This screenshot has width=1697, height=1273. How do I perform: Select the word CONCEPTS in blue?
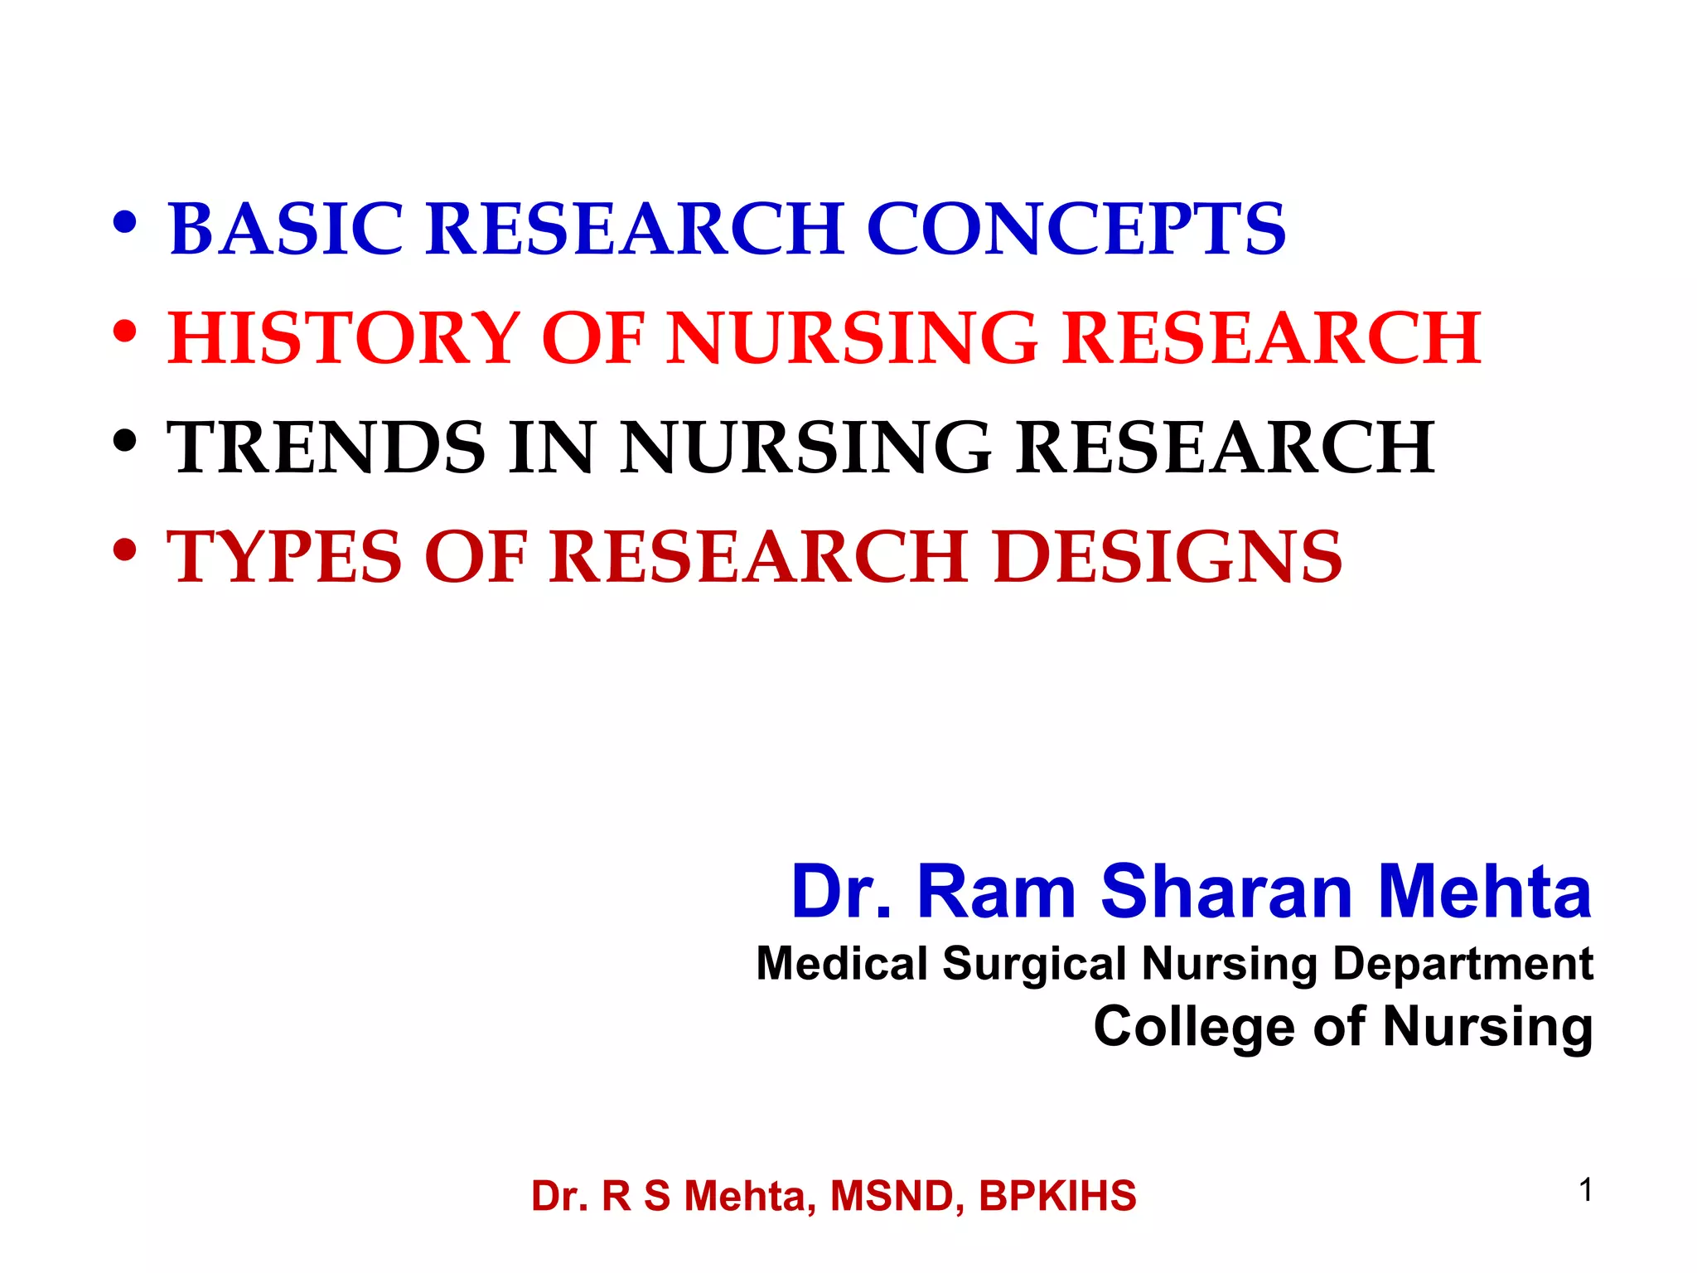tap(1076, 229)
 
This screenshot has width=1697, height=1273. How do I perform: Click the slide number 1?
tap(1585, 1191)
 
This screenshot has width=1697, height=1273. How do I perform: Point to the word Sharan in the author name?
tap(1226, 892)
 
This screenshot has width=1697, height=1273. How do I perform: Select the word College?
tap(1193, 1027)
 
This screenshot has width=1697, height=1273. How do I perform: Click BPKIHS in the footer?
tap(1057, 1196)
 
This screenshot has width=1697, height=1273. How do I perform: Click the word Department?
tap(1463, 964)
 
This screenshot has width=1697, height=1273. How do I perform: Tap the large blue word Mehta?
tap(1484, 892)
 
